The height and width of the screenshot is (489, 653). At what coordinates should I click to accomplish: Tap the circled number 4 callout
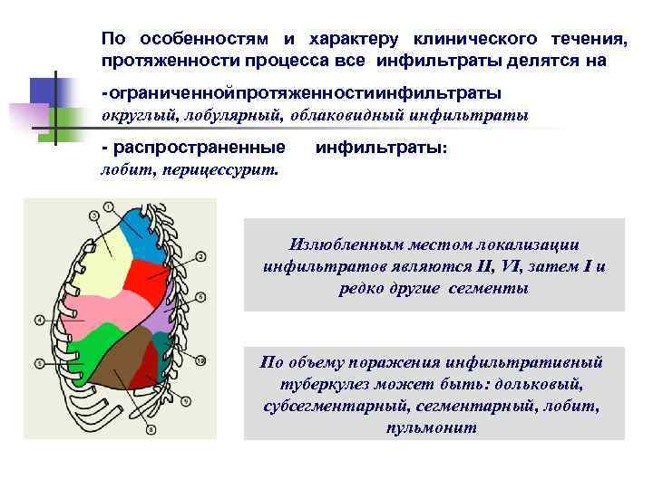coord(39,320)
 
